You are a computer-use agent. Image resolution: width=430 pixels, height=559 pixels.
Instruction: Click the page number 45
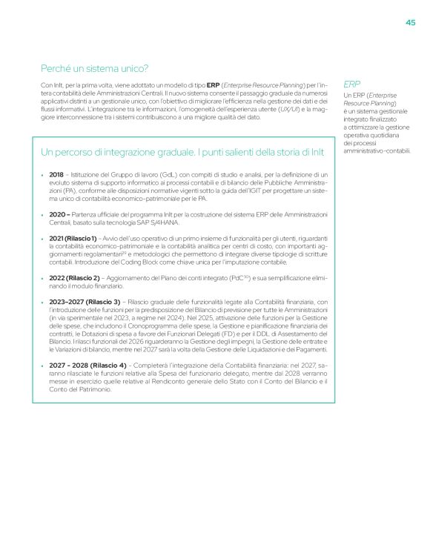pos(410,22)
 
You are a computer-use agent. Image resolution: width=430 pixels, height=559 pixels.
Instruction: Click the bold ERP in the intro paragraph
pos(213,85)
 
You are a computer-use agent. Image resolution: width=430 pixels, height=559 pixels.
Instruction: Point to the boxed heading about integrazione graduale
pos(182,152)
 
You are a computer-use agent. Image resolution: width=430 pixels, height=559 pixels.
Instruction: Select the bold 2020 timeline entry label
pos(59,214)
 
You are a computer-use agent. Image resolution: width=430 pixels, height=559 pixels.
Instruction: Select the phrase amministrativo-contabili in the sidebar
pos(377,152)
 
